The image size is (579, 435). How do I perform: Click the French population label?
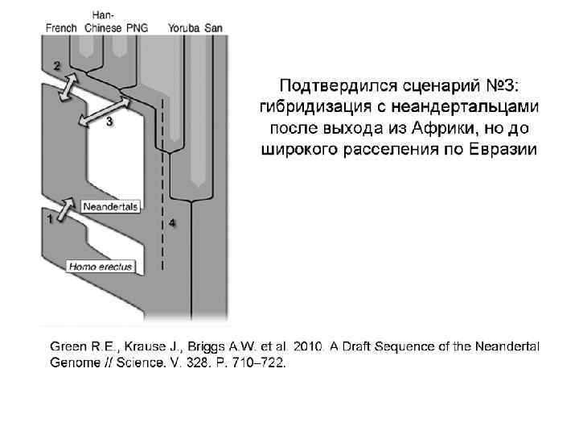[x=61, y=28]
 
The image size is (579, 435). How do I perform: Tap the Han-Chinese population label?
[x=103, y=22]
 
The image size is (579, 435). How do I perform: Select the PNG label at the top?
[x=138, y=28]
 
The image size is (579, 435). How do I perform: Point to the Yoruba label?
[x=183, y=28]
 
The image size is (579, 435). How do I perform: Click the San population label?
[x=213, y=28]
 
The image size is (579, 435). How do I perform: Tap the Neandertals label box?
[x=110, y=207]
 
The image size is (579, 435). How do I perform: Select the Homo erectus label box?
[x=101, y=267]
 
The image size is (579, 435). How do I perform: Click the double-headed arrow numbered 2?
[x=68, y=87]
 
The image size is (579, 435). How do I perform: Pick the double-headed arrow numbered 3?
[x=105, y=111]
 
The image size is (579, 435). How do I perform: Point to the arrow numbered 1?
[x=66, y=209]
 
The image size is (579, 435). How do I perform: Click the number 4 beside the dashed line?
[x=172, y=223]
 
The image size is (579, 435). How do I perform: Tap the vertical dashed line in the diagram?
[x=162, y=184]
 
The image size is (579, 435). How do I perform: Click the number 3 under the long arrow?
[x=109, y=122]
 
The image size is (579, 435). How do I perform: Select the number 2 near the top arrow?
[x=56, y=66]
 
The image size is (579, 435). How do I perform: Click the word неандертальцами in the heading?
[x=465, y=107]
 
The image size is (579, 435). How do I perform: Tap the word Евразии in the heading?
[x=503, y=150]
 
